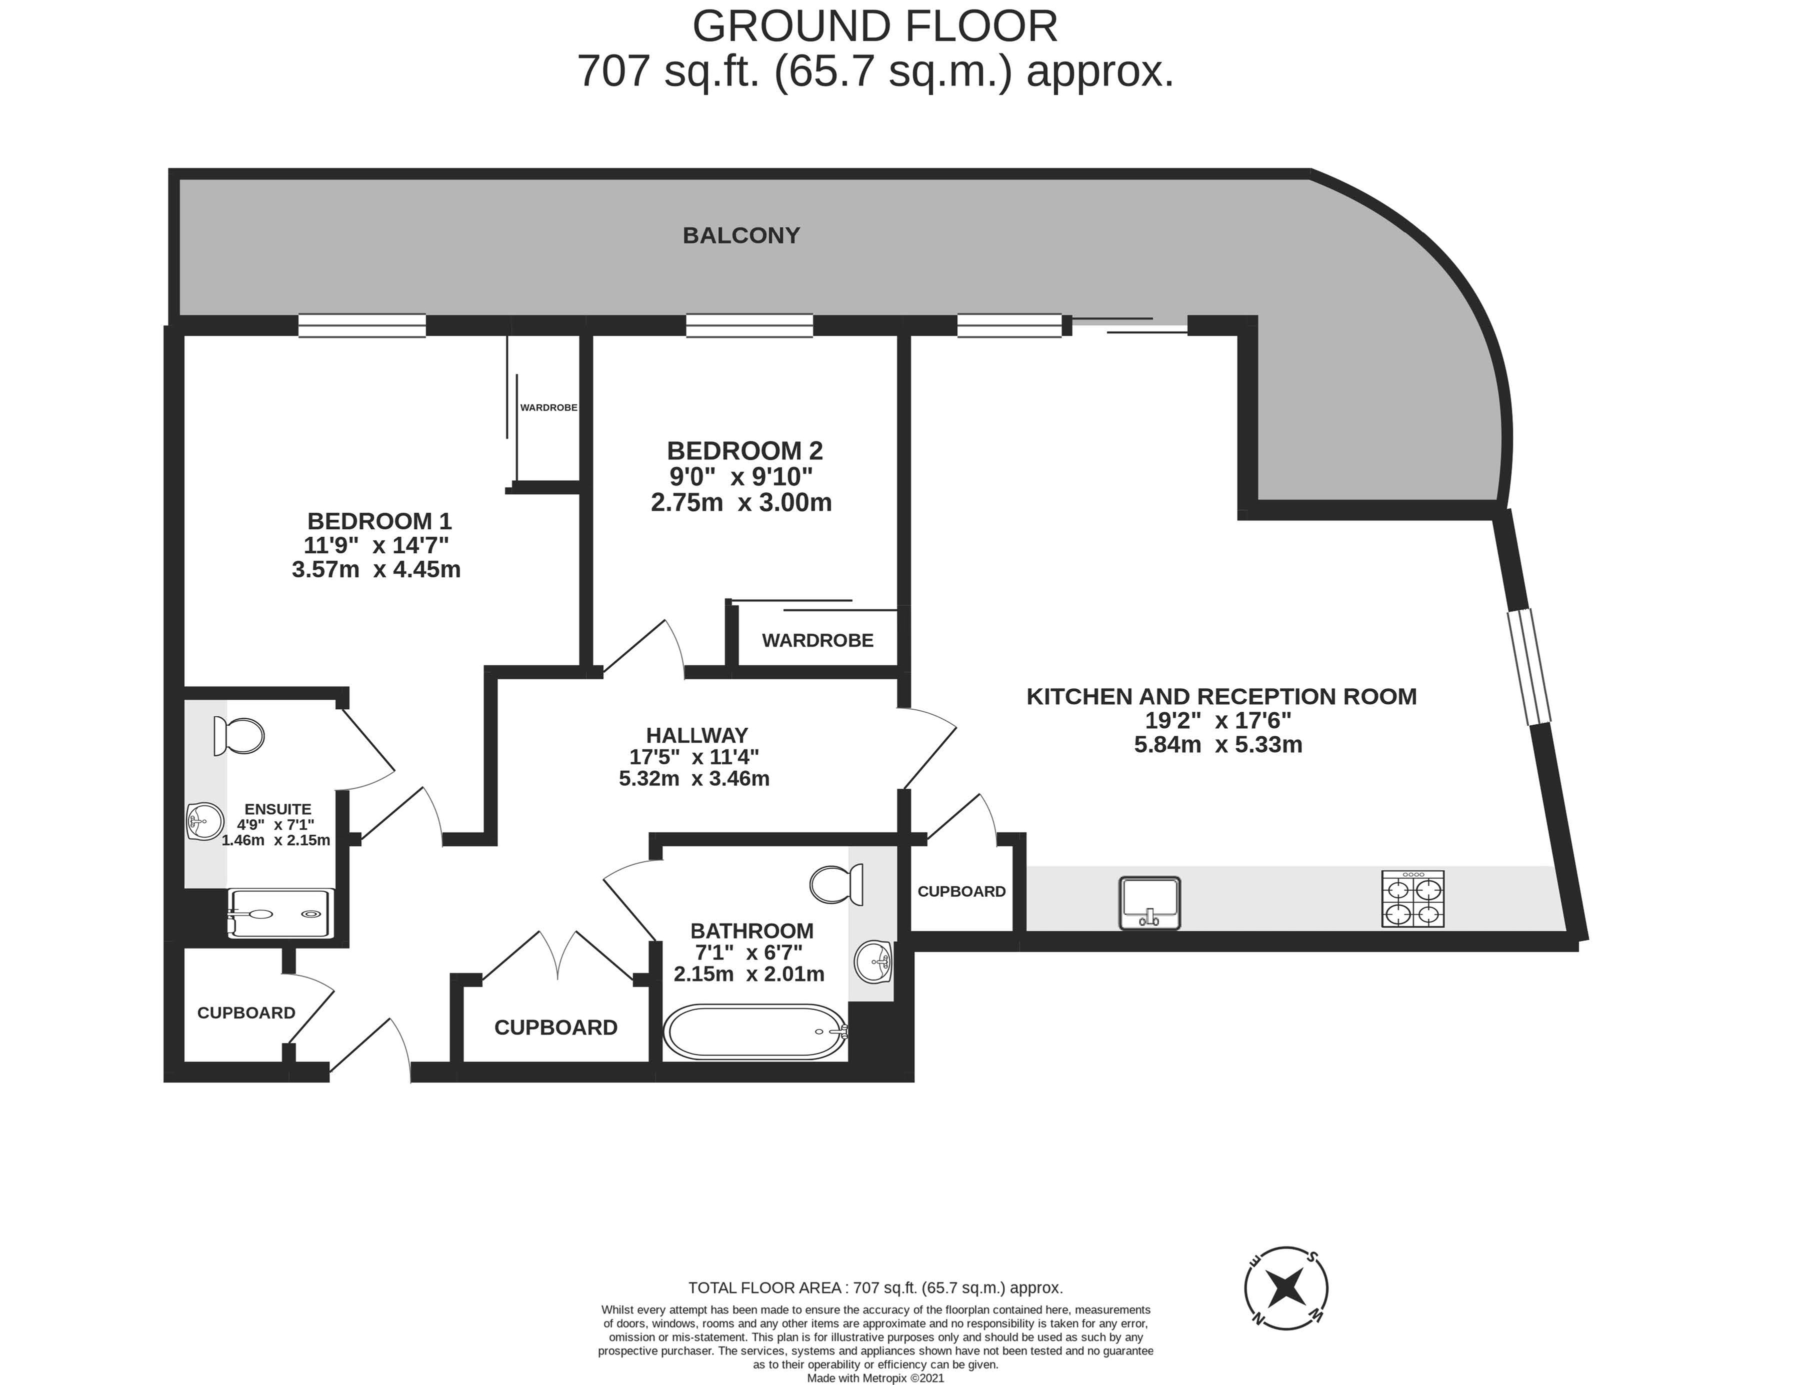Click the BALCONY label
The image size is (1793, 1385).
click(741, 235)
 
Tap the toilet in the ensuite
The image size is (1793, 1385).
click(238, 736)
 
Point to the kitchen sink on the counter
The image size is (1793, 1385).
click(1149, 903)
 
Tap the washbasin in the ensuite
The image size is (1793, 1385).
click(205, 821)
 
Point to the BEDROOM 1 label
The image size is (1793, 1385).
click(379, 521)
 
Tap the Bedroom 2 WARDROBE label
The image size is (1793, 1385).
click(817, 641)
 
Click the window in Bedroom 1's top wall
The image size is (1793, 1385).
click(362, 326)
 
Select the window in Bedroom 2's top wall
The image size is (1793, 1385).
click(749, 326)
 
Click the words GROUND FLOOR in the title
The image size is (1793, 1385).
click(875, 26)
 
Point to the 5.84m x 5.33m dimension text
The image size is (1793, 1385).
click(1218, 745)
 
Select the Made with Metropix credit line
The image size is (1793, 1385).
click(875, 1379)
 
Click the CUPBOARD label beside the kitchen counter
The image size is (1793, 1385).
click(961, 891)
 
